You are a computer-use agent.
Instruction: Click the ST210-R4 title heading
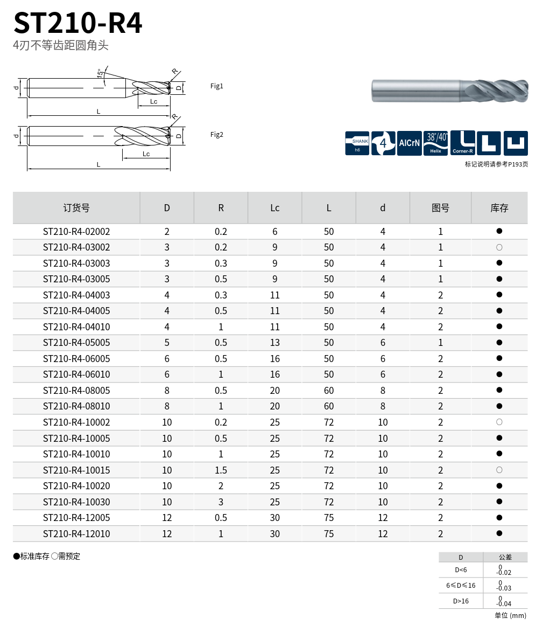coord(78,23)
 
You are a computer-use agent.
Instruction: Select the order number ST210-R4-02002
coord(76,232)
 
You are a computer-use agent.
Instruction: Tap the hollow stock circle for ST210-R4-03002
coord(499,247)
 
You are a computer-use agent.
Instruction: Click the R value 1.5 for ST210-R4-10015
coord(221,470)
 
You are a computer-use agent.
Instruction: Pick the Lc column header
coord(274,208)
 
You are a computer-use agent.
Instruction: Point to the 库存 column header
coord(499,208)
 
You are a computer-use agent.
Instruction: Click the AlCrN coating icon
coord(409,143)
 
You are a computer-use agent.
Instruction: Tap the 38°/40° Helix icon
coord(436,143)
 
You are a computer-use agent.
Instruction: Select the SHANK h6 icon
coord(357,143)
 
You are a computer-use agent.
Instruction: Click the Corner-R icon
coord(462,143)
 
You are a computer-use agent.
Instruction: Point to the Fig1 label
coord(216,86)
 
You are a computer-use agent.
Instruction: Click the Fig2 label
coord(216,135)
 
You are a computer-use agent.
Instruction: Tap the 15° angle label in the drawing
coord(100,74)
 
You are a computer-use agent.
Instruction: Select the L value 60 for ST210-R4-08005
coord(329,391)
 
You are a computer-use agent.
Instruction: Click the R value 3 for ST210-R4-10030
coord(221,502)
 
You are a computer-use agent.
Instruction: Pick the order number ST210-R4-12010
coord(76,534)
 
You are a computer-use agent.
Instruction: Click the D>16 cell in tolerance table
coord(461,601)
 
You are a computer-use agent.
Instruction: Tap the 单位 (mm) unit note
coord(510,615)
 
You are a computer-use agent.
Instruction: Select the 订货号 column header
coord(76,208)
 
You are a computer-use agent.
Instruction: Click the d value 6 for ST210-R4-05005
coord(383,343)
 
